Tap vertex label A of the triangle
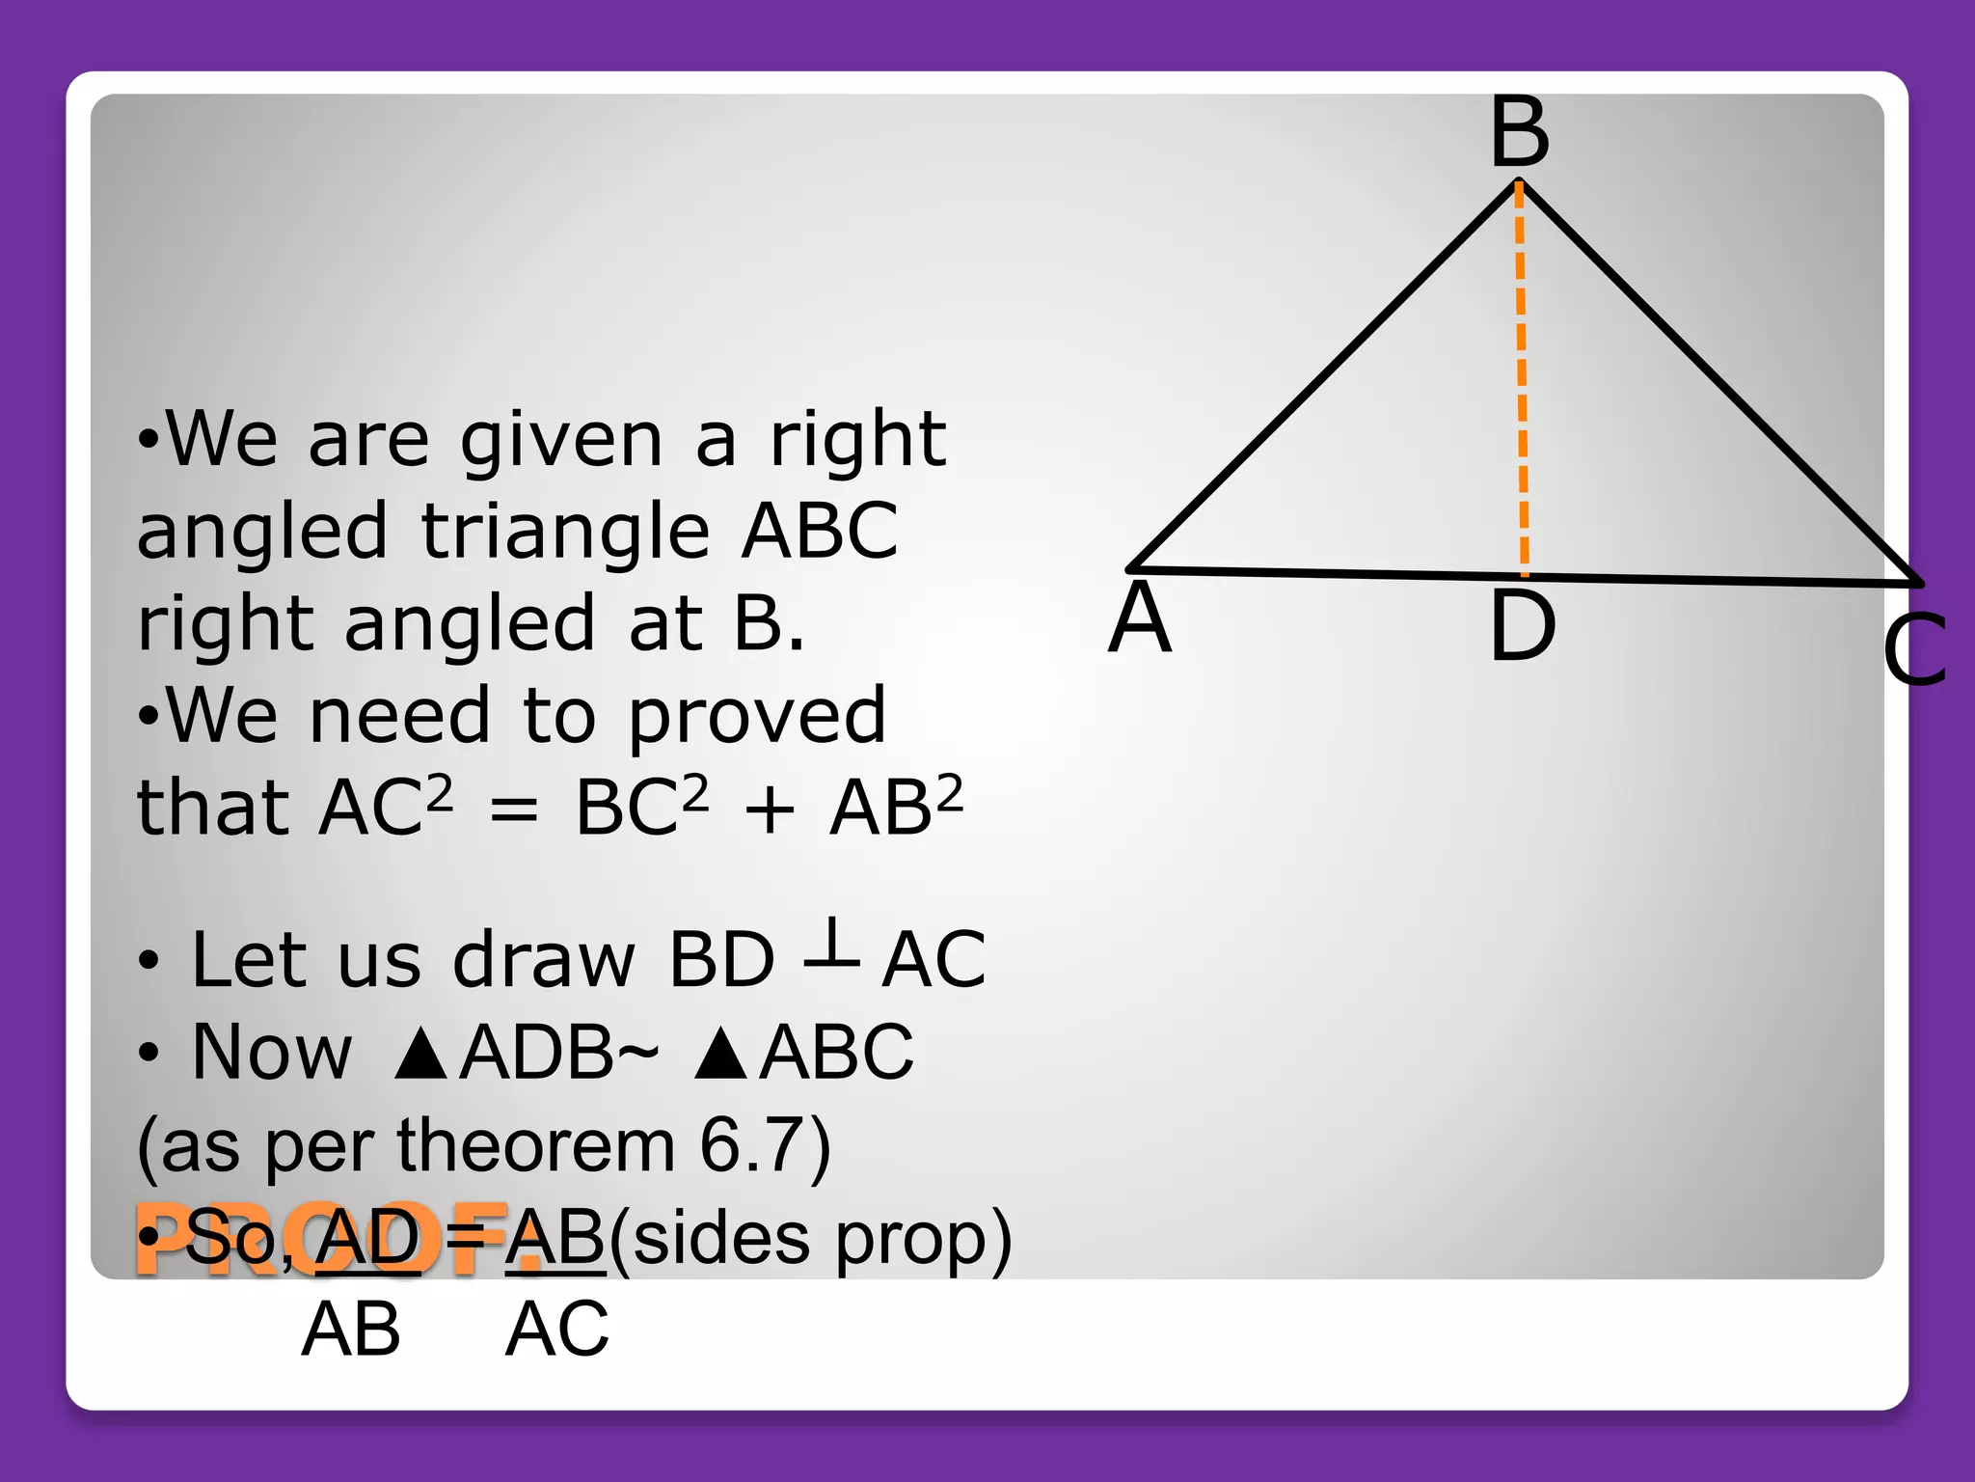(1140, 618)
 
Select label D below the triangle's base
(1522, 626)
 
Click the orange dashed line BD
(1521, 376)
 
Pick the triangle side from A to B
(1321, 376)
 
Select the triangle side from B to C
(1717, 382)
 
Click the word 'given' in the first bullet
(561, 440)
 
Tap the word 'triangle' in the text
(566, 533)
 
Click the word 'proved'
(756, 718)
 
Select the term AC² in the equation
(384, 807)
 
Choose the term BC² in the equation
(640, 807)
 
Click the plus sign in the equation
(769, 810)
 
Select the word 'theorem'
(535, 1146)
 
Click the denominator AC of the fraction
(557, 1330)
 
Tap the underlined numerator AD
(367, 1237)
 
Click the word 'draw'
(544, 960)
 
